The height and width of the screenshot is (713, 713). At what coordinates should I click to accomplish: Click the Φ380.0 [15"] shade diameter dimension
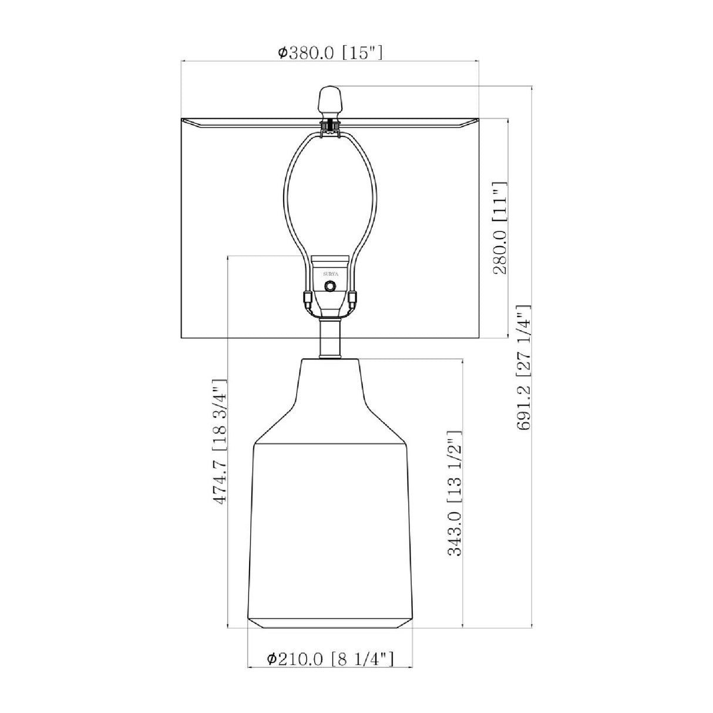(x=330, y=53)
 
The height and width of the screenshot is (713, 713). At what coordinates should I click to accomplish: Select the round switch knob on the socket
(x=330, y=286)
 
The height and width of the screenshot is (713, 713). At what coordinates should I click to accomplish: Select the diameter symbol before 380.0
(x=282, y=53)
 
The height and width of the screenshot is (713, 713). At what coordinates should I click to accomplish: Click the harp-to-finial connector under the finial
(x=330, y=127)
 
